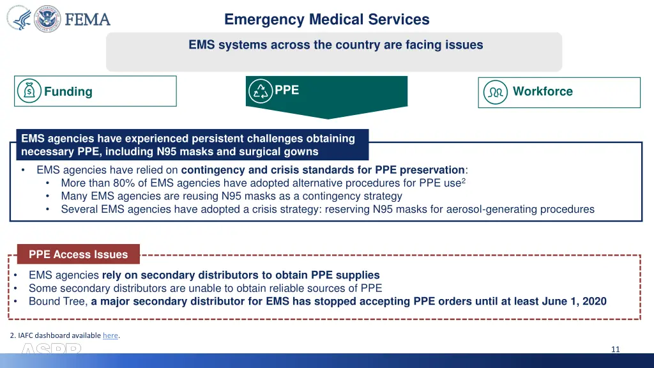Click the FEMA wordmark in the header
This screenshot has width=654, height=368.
pos(87,19)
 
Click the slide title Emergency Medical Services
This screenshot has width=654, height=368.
pos(327,20)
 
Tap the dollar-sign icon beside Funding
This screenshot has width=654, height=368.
pos(29,91)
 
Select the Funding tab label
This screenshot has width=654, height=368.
pos(68,91)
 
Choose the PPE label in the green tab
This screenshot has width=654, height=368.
pos(287,90)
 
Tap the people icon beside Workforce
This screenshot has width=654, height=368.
pos(496,92)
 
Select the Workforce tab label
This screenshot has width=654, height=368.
pos(543,91)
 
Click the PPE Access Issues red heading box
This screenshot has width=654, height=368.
pos(78,254)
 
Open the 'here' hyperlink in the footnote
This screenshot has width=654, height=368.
pos(110,335)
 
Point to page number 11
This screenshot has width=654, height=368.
pos(616,349)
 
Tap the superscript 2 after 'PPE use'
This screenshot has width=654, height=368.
pos(463,180)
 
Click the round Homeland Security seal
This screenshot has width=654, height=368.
pos(47,19)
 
